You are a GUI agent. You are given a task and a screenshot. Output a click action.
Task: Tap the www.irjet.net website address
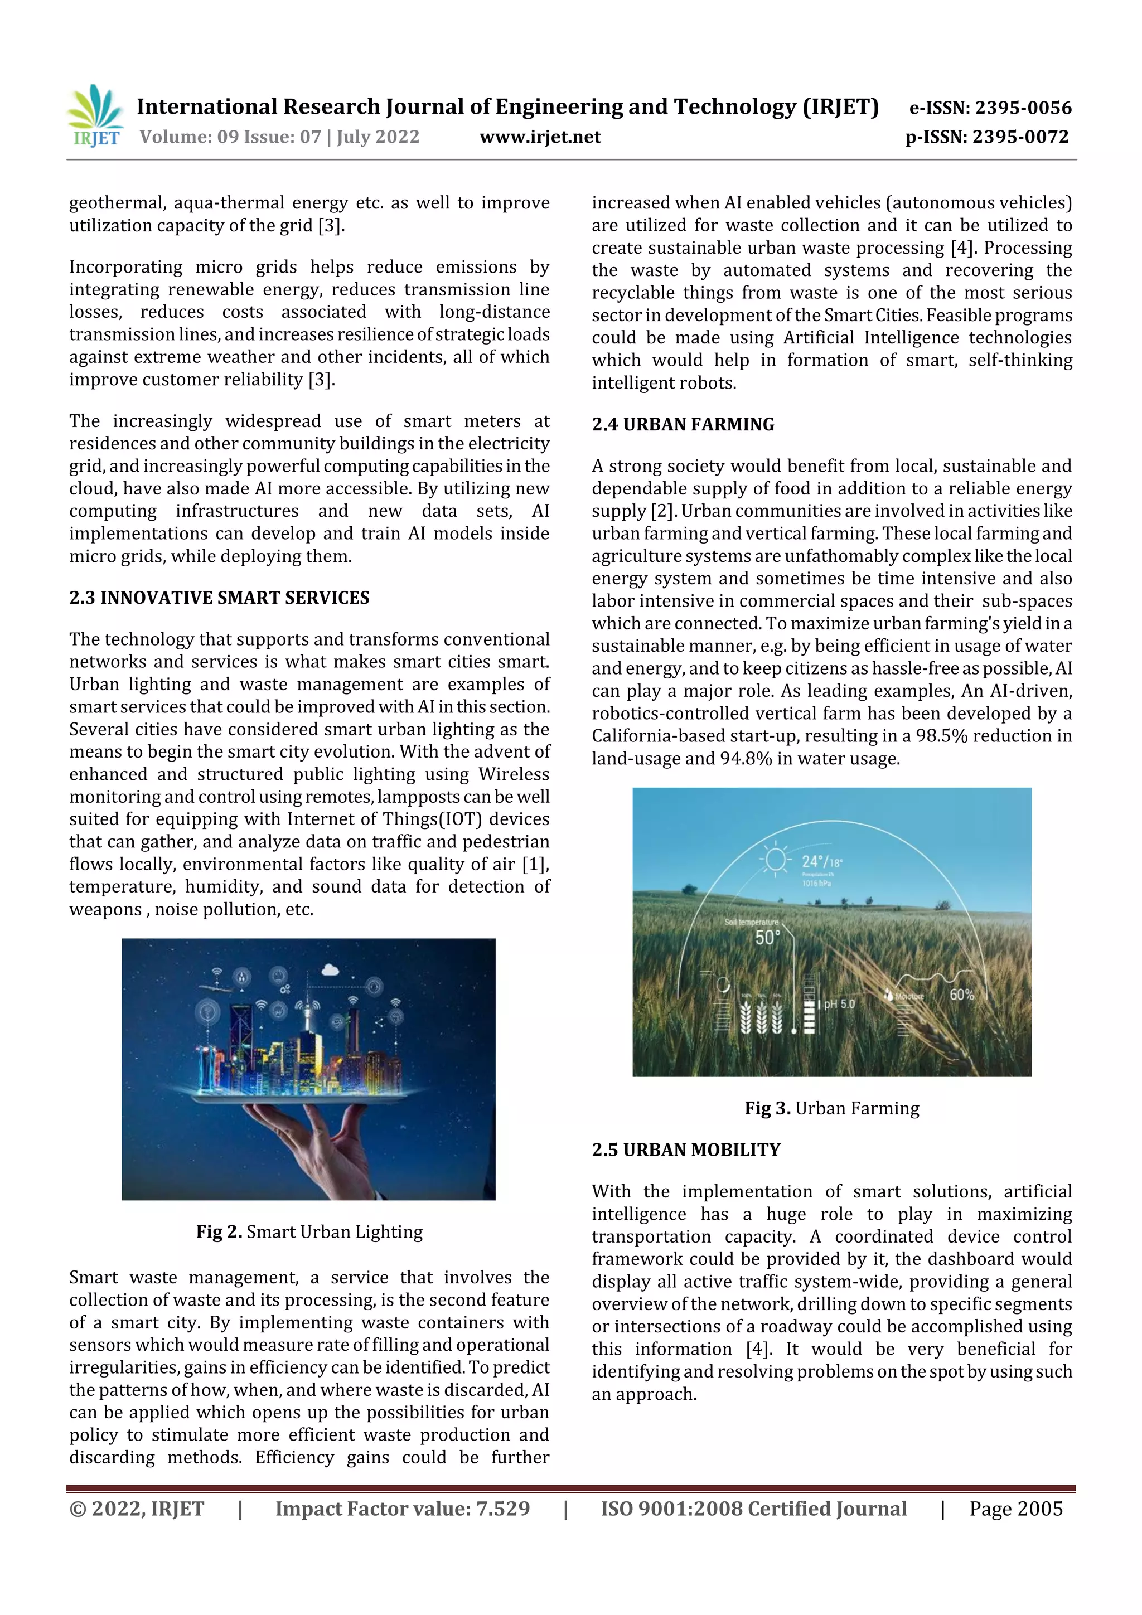point(540,137)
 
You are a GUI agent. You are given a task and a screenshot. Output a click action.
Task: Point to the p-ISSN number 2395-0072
point(1020,137)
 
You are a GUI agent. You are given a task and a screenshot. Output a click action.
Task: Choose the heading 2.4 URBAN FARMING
point(683,424)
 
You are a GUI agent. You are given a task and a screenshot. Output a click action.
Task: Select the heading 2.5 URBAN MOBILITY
point(685,1150)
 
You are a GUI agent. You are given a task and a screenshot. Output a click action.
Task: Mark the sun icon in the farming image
point(776,859)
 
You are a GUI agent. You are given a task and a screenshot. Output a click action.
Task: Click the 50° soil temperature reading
point(768,938)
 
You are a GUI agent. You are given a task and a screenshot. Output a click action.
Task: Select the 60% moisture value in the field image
point(961,994)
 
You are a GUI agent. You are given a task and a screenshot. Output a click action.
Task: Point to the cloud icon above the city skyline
point(330,970)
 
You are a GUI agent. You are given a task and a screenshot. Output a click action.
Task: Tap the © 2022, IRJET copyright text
point(137,1508)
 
